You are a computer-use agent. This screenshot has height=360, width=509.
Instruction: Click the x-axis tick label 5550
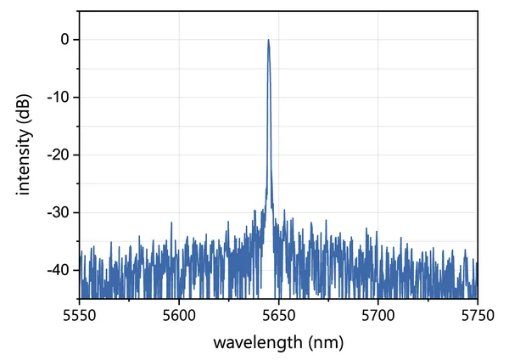(x=79, y=315)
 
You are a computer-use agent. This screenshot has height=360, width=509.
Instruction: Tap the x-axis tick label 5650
(x=278, y=315)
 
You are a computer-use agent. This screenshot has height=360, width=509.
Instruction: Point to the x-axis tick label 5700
(x=378, y=315)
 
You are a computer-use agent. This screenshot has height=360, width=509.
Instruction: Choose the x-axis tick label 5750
(x=477, y=315)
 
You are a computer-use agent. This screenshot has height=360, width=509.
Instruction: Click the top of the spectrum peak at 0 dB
(x=268, y=40)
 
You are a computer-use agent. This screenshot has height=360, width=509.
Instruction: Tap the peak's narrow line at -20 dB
(x=269, y=155)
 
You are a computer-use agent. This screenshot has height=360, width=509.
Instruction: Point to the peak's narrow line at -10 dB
(x=268, y=98)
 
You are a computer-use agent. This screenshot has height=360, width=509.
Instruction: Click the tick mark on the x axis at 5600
(x=178, y=296)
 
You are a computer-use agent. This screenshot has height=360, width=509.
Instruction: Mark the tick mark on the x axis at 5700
(x=378, y=296)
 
